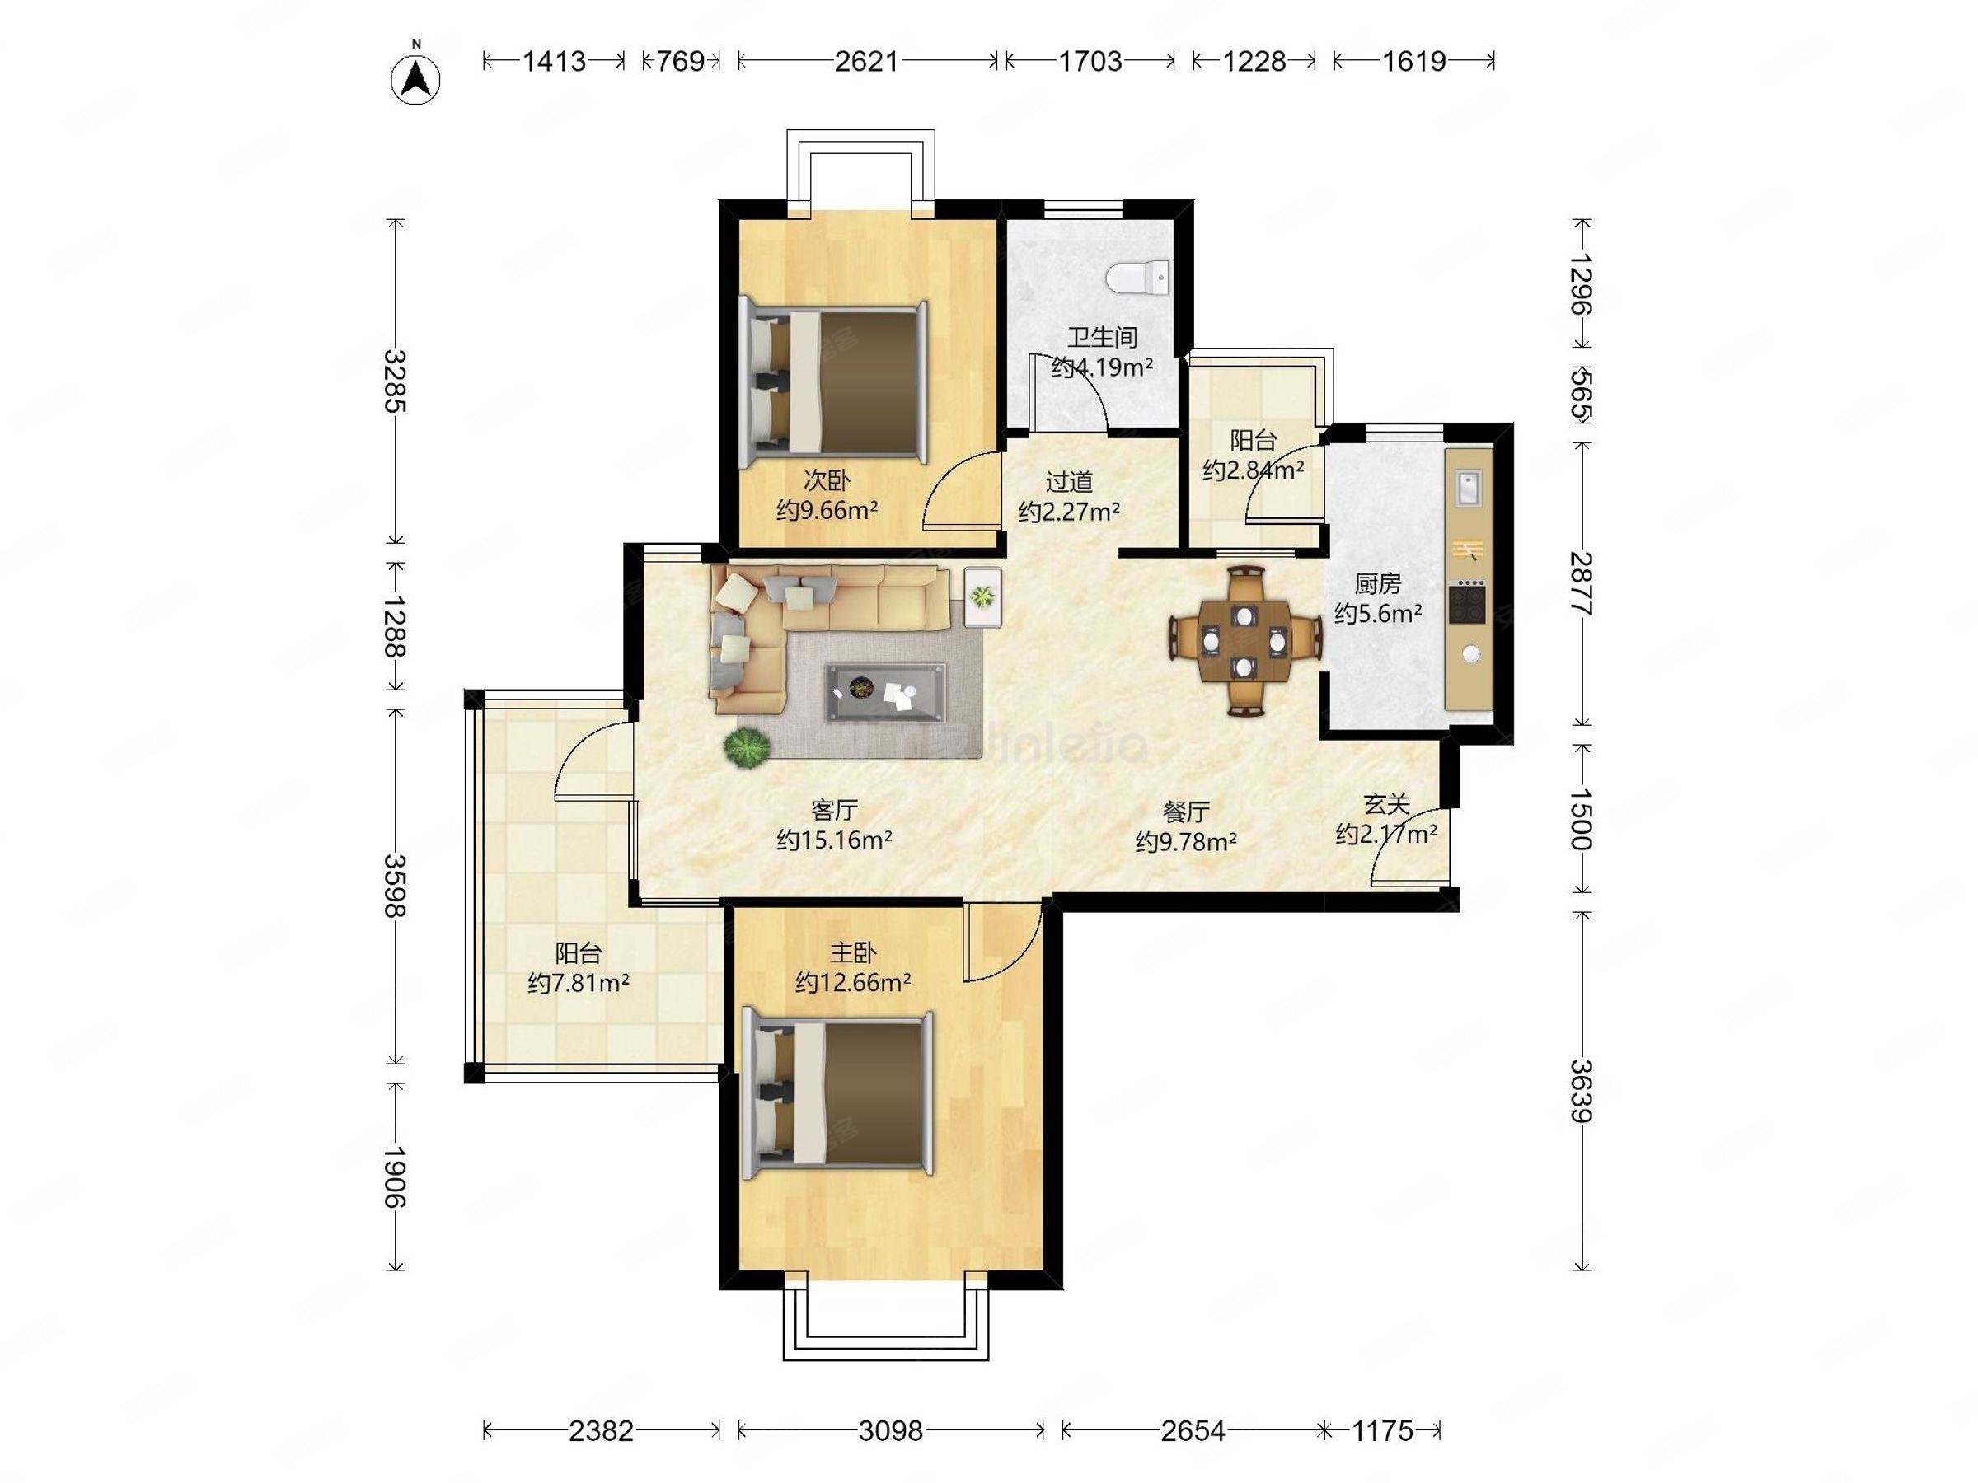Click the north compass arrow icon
point(416,80)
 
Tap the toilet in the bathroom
point(1137,276)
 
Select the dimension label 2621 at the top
point(866,61)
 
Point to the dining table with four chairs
point(1244,640)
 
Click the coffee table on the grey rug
point(886,691)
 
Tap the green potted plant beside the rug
point(748,747)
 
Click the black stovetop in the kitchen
point(1466,602)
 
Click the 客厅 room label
point(834,810)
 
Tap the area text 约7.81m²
point(579,983)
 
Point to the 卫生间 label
point(1102,337)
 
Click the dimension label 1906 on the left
point(394,1177)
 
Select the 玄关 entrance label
point(1386,804)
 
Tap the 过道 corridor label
point(1070,482)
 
